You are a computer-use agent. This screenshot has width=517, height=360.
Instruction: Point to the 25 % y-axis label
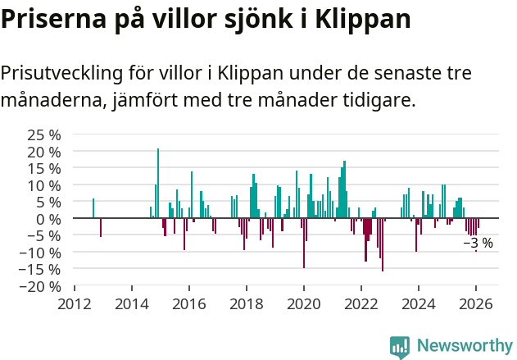[x=44, y=134]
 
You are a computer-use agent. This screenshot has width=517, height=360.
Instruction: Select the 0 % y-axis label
[x=48, y=219]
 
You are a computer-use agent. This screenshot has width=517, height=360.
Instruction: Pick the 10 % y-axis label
[x=44, y=185]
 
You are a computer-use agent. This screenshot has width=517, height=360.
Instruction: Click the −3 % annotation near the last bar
[x=478, y=243]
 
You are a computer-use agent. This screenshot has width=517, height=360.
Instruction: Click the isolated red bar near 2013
[x=101, y=227]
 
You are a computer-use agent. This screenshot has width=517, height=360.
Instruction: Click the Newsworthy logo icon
[x=400, y=346]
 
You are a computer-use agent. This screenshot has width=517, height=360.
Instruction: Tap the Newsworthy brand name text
[x=464, y=346]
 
